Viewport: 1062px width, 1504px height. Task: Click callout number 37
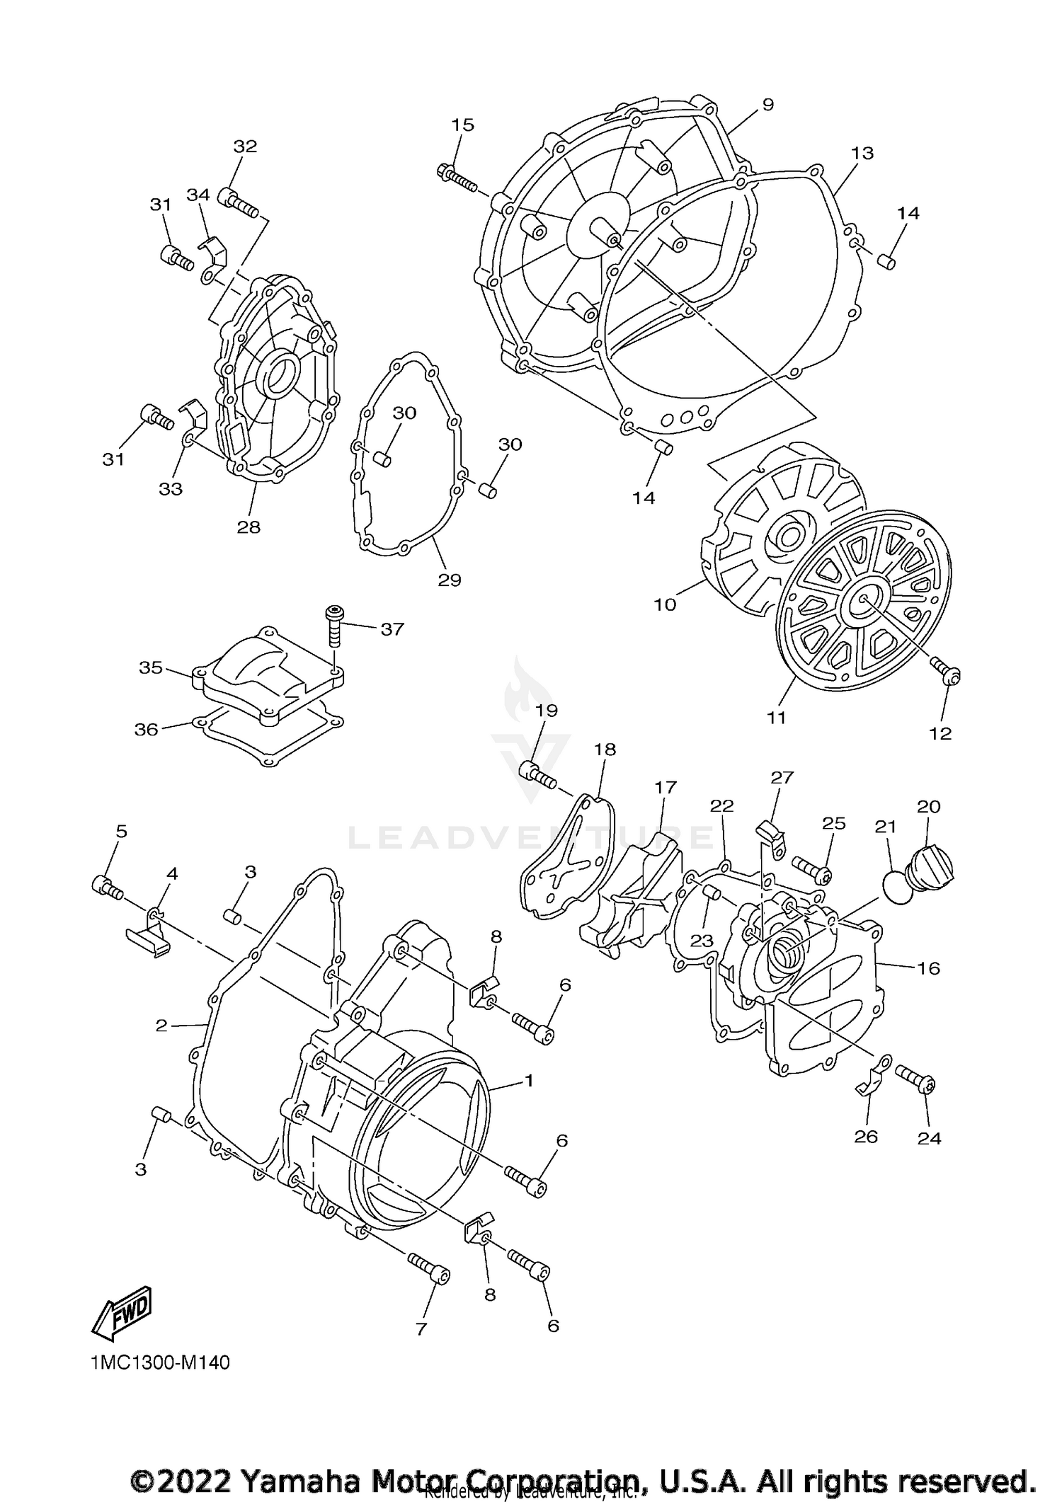pos(392,628)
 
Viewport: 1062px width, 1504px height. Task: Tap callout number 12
pos(940,734)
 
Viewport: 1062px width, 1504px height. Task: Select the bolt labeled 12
pos(946,672)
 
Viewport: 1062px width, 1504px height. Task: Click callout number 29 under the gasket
pos(450,580)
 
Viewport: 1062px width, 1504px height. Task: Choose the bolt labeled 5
pos(107,887)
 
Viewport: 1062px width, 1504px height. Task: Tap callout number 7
pos(421,1329)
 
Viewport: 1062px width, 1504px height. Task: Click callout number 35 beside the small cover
pos(151,667)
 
